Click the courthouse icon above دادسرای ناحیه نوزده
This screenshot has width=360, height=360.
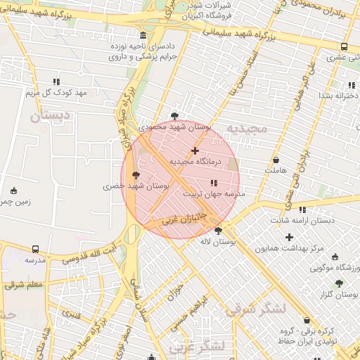143,36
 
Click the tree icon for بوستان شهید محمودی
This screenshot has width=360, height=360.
174,117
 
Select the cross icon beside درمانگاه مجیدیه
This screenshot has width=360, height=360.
195,150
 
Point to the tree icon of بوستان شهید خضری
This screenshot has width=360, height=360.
136,175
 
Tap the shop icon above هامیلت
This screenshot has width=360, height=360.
276,160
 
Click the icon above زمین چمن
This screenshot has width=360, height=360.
13,191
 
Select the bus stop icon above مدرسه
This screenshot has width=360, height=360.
35,249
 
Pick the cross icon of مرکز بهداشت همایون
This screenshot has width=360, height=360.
289,236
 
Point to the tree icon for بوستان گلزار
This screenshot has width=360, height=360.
339,283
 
